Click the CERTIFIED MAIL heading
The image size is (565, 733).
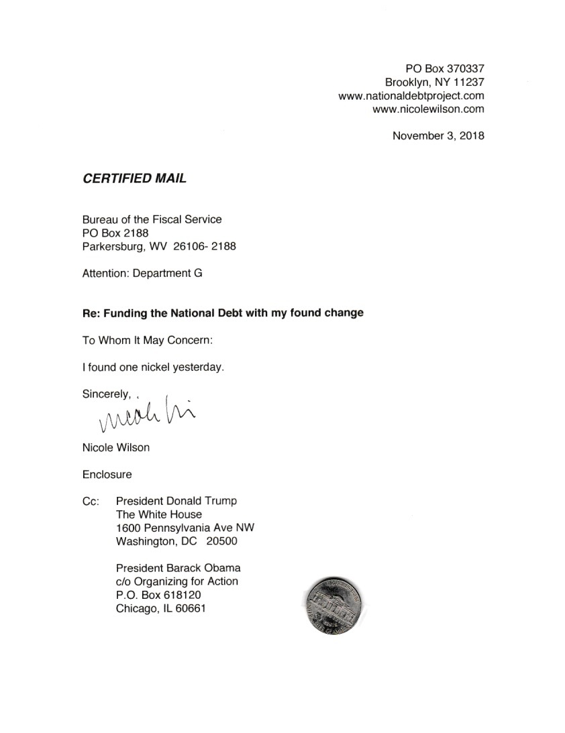(134, 178)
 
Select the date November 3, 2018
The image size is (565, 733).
(438, 135)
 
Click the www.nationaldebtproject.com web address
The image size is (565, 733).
(411, 96)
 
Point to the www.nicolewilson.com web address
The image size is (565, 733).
(428, 109)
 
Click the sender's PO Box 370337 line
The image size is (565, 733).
(445, 69)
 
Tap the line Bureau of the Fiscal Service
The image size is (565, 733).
(152, 219)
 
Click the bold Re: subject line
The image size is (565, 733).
(223, 313)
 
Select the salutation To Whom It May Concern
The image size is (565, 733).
(147, 340)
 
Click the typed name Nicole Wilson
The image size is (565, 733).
(116, 447)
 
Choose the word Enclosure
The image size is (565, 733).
(107, 474)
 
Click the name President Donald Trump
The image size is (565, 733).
(176, 501)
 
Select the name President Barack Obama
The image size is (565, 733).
(178, 568)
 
